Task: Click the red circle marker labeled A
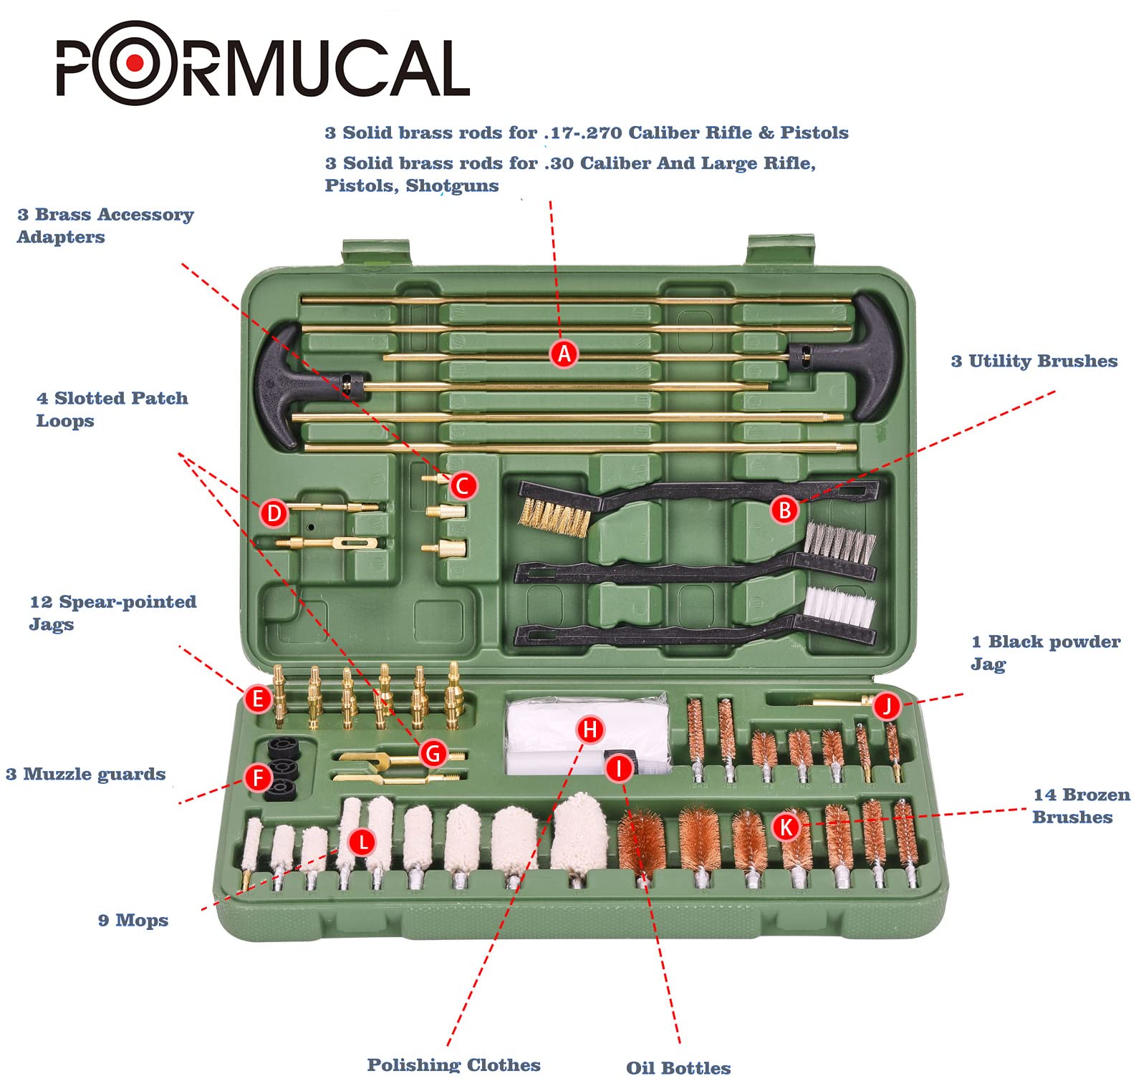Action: pyautogui.click(x=564, y=354)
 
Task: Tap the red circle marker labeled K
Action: pyautogui.click(x=786, y=828)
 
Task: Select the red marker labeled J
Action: pyautogui.click(x=887, y=707)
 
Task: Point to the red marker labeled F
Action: pyautogui.click(x=259, y=777)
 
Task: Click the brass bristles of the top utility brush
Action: pyautogui.click(x=554, y=517)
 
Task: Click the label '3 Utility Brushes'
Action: pyautogui.click(x=1034, y=362)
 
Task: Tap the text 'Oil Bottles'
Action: pyautogui.click(x=678, y=1067)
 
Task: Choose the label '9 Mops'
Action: pyautogui.click(x=133, y=921)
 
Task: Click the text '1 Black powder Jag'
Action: pyautogui.click(x=1044, y=652)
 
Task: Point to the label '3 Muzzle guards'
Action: pyautogui.click(x=85, y=775)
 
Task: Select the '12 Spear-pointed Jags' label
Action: pyautogui.click(x=112, y=613)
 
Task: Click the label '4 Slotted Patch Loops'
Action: pyautogui.click(x=112, y=409)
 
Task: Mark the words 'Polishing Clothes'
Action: pyautogui.click(x=453, y=1065)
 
